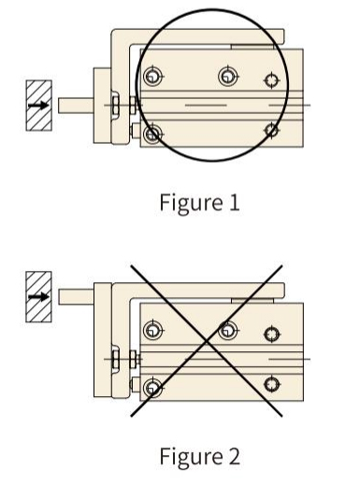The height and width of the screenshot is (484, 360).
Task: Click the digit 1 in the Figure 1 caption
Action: [235, 203]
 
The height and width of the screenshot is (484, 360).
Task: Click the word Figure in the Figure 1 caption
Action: [192, 204]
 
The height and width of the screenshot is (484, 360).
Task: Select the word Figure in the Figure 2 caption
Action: [192, 457]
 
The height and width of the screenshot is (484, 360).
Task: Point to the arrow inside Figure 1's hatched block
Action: [38, 106]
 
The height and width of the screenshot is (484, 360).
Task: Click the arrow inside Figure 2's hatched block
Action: [38, 296]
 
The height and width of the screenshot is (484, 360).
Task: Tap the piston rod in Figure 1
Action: [76, 106]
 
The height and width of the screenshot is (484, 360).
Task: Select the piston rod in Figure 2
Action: [76, 296]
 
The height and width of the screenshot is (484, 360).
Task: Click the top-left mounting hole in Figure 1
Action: [152, 76]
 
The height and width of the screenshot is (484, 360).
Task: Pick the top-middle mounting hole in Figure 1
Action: [228, 76]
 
